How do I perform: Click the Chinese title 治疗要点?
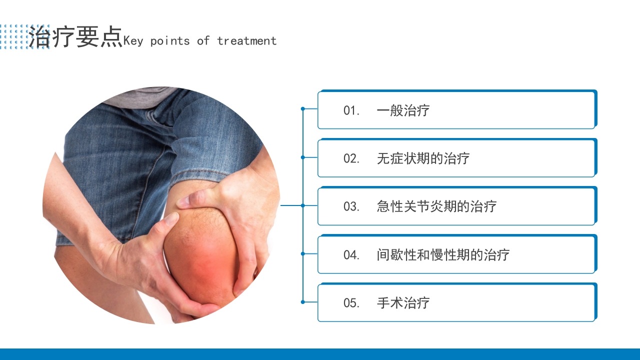[75, 37]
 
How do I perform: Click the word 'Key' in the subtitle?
[133, 41]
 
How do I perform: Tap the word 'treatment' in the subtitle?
[246, 41]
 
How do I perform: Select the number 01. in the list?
[351, 110]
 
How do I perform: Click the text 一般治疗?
[403, 110]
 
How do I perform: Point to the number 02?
[351, 158]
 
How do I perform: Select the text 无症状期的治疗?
[423, 158]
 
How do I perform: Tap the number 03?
[351, 206]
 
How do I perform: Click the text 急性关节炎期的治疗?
[436, 206]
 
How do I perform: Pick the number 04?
[351, 254]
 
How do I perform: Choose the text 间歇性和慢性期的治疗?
[443, 254]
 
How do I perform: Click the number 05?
[351, 303]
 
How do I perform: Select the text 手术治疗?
[403, 303]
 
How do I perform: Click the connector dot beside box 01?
[302, 108]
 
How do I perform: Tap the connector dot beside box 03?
[302, 205]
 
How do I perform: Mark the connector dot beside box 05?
[302, 302]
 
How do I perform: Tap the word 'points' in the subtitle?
[170, 41]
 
